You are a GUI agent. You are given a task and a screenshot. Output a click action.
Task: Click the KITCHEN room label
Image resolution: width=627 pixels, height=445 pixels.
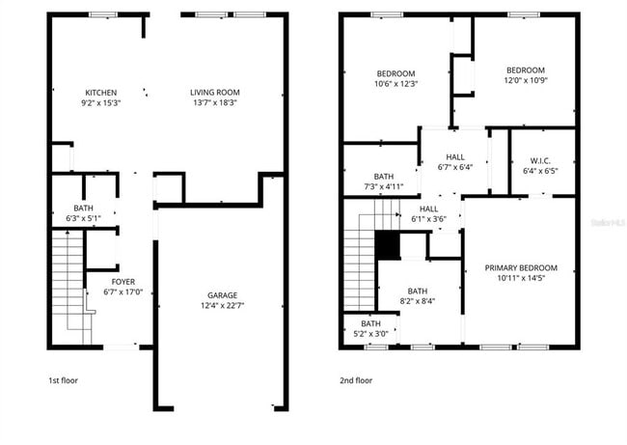tap(100, 93)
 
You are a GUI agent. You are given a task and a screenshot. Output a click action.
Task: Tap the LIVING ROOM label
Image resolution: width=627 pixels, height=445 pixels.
tap(214, 93)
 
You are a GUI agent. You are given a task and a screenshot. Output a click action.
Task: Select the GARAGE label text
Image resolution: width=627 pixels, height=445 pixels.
tap(221, 295)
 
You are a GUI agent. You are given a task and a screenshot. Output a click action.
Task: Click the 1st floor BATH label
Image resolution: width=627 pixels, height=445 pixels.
tap(84, 209)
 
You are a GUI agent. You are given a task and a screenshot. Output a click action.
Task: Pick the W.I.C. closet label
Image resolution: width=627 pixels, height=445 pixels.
tap(540, 161)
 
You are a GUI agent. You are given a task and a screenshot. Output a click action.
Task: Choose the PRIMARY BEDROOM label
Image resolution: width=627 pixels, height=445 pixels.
tap(526, 267)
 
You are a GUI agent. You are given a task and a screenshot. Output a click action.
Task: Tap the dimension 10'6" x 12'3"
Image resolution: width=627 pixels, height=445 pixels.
tap(395, 84)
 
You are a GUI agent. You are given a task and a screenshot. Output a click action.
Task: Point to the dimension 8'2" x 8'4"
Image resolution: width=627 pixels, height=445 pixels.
tap(418, 301)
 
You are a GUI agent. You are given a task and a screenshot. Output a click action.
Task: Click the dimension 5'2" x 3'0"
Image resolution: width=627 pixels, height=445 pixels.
tap(370, 334)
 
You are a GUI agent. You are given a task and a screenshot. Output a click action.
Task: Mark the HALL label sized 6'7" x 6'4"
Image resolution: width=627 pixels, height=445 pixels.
tap(456, 156)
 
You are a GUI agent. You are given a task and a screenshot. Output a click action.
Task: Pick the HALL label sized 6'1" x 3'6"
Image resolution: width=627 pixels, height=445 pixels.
tap(428, 209)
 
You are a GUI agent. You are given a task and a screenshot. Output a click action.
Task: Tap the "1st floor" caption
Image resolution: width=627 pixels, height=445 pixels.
tap(65, 380)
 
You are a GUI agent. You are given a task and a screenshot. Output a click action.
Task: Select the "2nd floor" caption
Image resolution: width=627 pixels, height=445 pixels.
tap(356, 380)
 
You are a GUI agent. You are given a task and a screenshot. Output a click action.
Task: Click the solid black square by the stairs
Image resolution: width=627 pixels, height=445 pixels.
tap(387, 246)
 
